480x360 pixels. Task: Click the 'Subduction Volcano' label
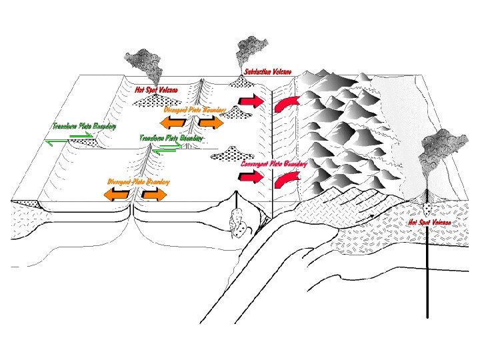[x=267, y=71]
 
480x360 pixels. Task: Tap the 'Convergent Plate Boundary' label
[x=273, y=163]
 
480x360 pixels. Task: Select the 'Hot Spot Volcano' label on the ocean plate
[x=156, y=89]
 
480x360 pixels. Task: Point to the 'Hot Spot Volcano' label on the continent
[x=429, y=222]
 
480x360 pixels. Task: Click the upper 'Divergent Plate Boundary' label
[x=195, y=109]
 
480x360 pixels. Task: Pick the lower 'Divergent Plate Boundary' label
[x=139, y=181]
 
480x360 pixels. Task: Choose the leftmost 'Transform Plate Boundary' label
[x=84, y=125]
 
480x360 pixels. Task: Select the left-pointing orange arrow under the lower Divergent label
[x=117, y=193]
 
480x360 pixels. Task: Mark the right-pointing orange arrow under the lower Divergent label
[x=153, y=193]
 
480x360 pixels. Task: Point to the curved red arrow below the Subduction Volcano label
[x=287, y=103]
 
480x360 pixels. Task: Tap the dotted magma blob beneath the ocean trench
[x=237, y=224]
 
